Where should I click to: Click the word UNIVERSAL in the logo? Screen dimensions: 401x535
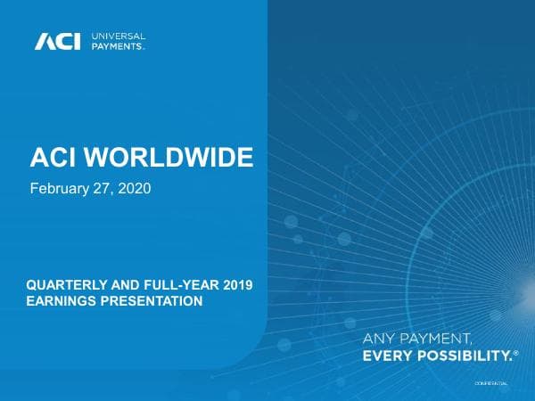119,36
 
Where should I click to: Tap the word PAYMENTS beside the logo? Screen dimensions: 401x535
118,47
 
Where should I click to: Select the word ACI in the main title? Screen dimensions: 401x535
53,160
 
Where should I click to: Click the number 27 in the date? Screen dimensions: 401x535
103,189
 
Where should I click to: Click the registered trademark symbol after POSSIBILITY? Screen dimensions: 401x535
515,353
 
